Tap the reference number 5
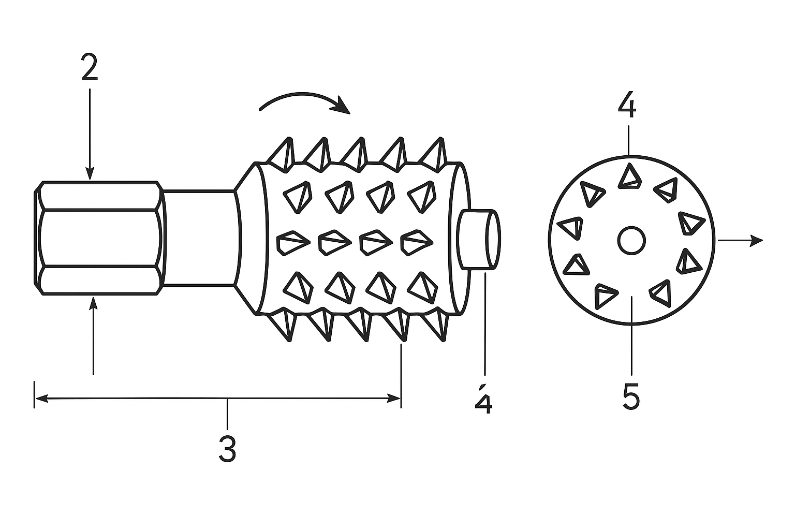(631, 396)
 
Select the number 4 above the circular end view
(627, 105)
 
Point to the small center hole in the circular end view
(631, 240)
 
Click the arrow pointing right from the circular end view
(740, 240)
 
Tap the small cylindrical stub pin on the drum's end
(479, 240)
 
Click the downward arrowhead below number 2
(90, 174)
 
